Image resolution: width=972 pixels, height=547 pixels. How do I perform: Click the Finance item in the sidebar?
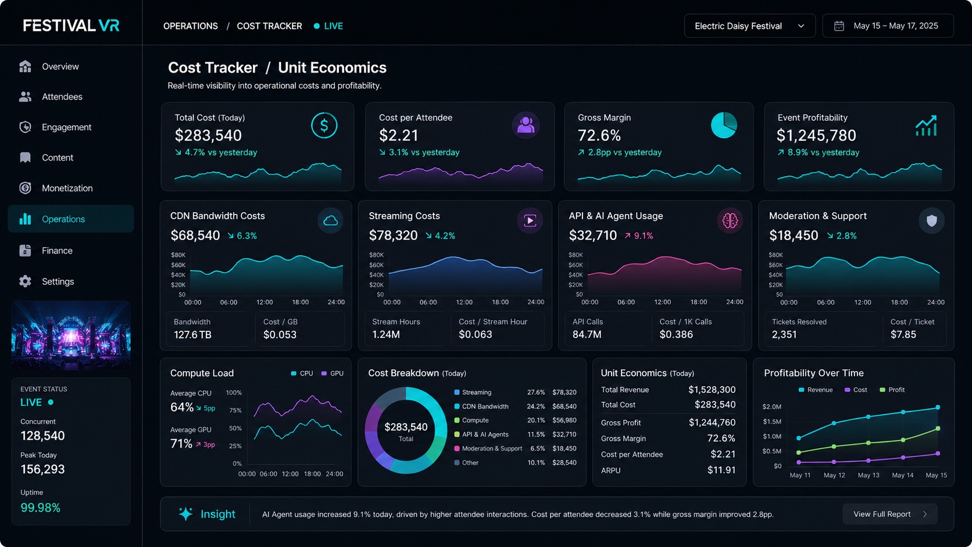(57, 251)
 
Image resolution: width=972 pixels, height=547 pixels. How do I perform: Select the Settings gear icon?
(25, 281)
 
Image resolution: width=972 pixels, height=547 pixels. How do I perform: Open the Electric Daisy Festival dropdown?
(749, 26)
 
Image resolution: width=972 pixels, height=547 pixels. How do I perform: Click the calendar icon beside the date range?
(839, 26)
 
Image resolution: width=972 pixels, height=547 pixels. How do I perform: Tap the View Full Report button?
(889, 514)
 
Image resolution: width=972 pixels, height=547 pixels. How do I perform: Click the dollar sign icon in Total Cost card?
(324, 126)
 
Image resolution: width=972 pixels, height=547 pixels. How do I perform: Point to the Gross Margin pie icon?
(724, 126)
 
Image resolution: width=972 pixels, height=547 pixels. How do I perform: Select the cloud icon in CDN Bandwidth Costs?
(330, 220)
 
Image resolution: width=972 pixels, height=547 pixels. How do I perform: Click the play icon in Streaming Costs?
(530, 220)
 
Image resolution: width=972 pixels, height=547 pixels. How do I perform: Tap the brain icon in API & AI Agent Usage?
(730, 220)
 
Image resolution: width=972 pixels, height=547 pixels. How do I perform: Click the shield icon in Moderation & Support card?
(932, 220)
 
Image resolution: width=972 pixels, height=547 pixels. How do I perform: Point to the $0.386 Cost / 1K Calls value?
(676, 334)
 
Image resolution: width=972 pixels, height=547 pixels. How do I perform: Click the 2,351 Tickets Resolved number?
(784, 334)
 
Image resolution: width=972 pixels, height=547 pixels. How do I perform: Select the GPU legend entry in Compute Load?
(333, 374)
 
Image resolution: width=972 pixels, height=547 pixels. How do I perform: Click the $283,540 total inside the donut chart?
(406, 427)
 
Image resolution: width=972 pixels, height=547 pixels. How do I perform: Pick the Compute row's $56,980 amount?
(564, 420)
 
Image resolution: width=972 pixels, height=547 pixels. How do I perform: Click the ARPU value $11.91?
(721, 470)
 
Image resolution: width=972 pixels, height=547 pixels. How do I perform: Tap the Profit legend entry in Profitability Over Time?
(892, 390)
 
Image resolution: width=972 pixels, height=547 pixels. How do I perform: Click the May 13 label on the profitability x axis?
(869, 475)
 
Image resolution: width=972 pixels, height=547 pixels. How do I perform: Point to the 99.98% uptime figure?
(40, 507)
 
